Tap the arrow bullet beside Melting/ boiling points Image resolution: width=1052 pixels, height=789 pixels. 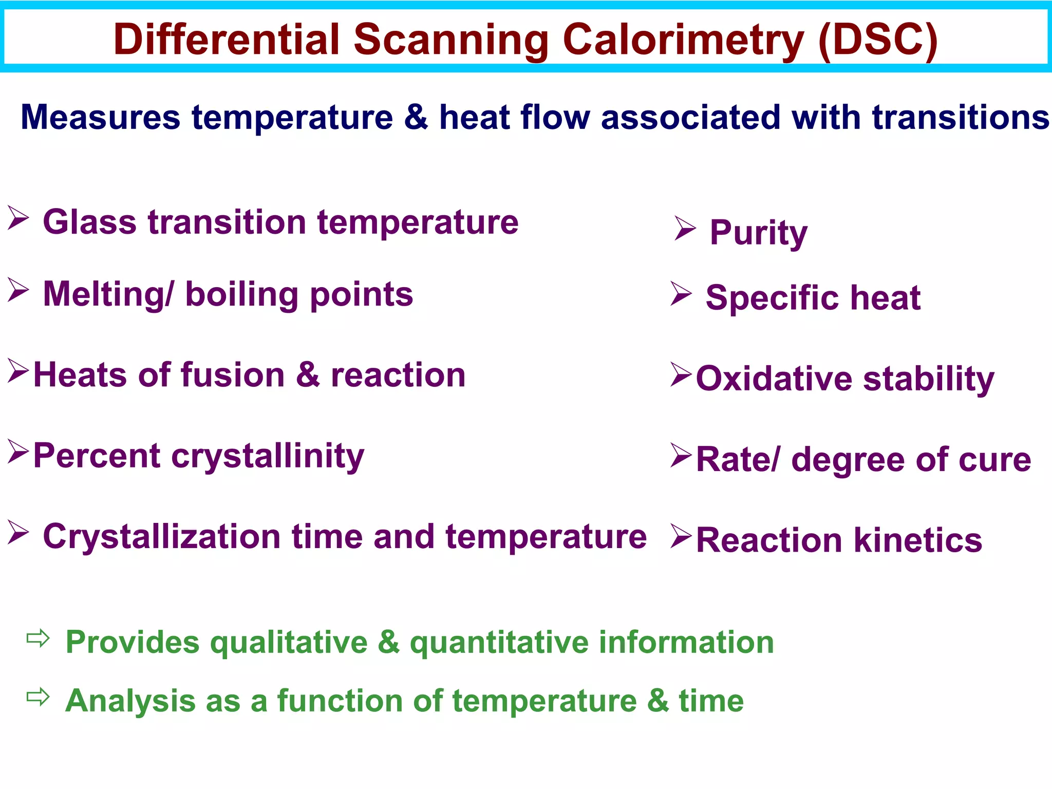pos(18,290)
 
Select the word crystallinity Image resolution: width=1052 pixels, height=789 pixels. pos(268,457)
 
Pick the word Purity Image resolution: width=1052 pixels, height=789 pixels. pos(758,234)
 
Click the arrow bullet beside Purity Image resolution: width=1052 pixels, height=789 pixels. pos(685,229)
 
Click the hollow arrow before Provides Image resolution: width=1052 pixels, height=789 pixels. pos(38,638)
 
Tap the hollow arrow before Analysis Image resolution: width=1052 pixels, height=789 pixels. pos(38,697)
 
